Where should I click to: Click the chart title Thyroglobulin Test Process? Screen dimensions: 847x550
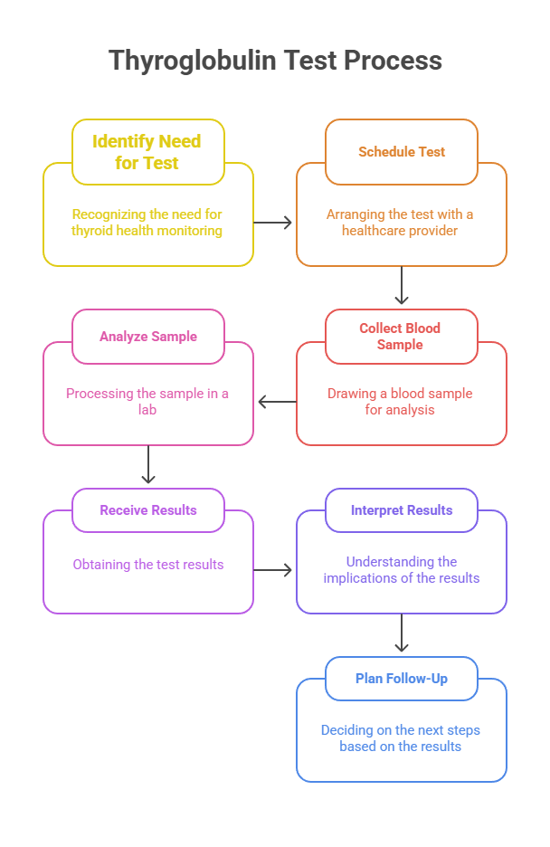point(275,61)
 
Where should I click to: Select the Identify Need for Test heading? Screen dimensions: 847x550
point(147,152)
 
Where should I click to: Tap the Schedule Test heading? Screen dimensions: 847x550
point(402,152)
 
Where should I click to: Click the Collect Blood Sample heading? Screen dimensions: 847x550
point(402,337)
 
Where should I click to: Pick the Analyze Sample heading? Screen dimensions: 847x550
point(148,337)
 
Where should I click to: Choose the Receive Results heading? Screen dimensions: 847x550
point(148,510)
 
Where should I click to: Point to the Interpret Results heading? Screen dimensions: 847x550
point(402,510)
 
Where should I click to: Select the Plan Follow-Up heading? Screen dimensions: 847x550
point(402,679)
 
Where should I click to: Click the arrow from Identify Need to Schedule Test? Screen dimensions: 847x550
point(274,222)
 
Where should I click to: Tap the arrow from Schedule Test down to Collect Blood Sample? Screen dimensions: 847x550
point(402,287)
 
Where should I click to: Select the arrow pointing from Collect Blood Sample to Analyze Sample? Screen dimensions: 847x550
point(276,402)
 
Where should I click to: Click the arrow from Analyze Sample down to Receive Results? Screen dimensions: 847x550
point(148,465)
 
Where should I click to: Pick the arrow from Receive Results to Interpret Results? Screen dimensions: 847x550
point(274,570)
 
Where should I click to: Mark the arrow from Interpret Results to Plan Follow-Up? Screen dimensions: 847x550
point(402,634)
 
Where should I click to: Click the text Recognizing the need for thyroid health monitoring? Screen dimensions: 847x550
point(147,223)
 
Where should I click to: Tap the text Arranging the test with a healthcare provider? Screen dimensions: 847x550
point(401,223)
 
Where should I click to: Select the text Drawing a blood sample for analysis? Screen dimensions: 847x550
point(401,402)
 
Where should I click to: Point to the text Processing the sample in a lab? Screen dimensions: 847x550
point(147,402)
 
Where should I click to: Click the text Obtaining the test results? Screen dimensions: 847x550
point(148,565)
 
